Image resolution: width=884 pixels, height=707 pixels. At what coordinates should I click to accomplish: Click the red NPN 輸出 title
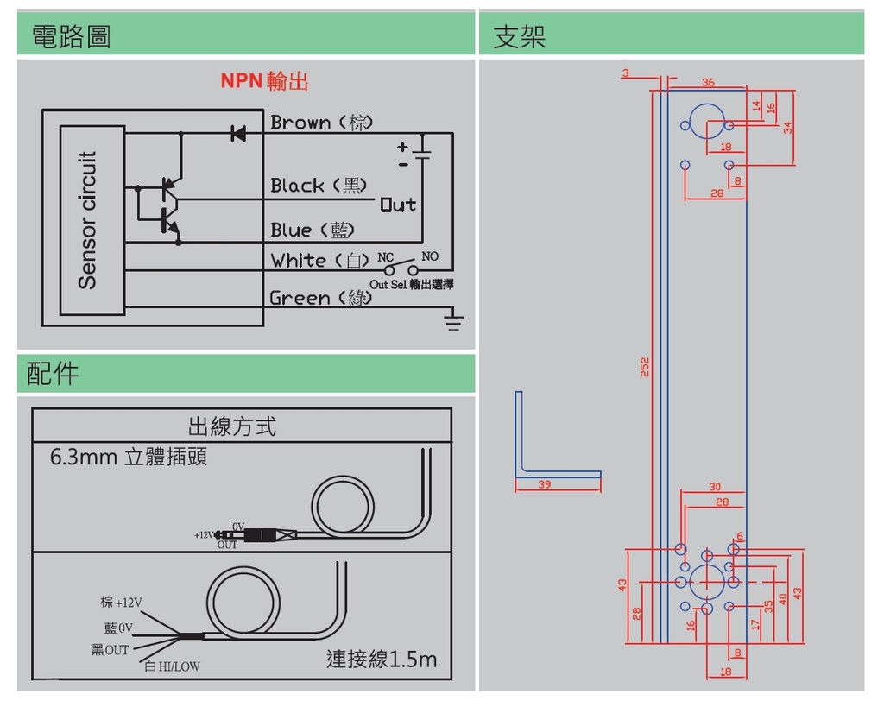(264, 81)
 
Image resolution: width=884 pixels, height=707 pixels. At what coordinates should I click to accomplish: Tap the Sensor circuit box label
(88, 220)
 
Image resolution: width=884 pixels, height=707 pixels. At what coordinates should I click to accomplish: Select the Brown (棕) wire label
(321, 123)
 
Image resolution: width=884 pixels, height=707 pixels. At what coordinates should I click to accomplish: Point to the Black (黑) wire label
(319, 186)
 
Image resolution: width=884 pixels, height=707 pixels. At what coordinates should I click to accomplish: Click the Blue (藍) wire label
(313, 230)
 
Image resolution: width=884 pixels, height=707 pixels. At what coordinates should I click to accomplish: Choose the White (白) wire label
(320, 260)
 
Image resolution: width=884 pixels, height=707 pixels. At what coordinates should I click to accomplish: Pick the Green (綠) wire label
(321, 298)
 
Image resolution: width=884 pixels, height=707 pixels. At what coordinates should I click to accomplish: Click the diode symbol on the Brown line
(237, 133)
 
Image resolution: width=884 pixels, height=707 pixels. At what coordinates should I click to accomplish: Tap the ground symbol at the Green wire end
(453, 323)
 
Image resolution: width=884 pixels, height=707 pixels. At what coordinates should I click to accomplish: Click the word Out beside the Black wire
(398, 205)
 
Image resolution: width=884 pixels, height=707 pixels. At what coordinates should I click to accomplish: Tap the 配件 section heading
(53, 373)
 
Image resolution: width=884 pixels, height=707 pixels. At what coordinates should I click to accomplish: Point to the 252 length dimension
(645, 367)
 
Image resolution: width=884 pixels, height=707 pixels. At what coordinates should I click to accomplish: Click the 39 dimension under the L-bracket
(545, 485)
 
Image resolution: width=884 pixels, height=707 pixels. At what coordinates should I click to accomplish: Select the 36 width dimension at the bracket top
(708, 83)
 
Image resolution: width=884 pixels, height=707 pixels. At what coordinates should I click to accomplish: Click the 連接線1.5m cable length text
(382, 660)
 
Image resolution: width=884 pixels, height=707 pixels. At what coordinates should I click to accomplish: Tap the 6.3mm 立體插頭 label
(129, 457)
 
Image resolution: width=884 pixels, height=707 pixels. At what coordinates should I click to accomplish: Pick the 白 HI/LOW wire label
(172, 666)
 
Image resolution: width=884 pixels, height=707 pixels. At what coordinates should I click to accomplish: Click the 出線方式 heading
(232, 426)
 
